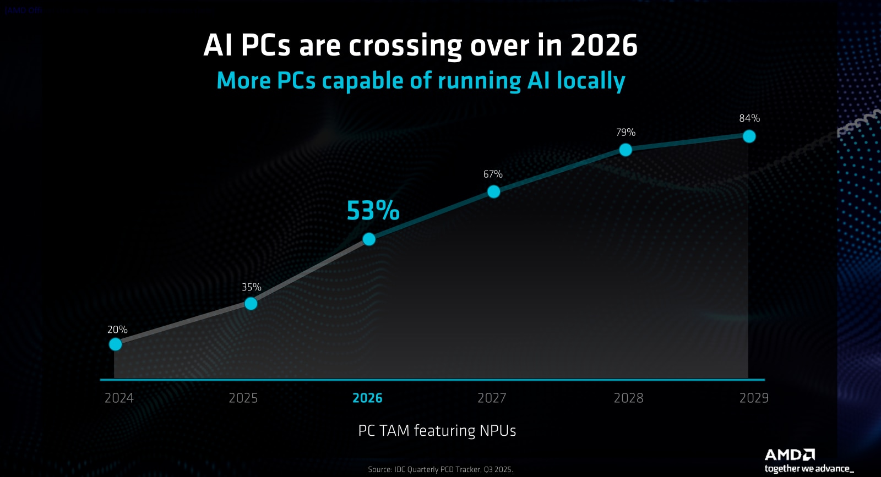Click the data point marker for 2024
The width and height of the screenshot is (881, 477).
click(x=115, y=344)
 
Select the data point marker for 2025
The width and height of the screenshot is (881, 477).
click(x=251, y=304)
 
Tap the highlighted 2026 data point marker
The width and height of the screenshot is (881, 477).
click(x=369, y=239)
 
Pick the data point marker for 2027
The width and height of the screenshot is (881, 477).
click(x=494, y=191)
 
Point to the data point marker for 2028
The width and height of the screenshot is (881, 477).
click(x=626, y=150)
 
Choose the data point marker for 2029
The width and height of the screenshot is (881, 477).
click(x=749, y=136)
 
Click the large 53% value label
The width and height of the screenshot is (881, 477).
click(x=373, y=211)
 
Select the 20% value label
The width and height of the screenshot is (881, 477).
click(x=117, y=330)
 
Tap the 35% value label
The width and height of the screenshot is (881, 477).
click(x=252, y=287)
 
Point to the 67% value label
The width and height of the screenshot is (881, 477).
click(x=493, y=174)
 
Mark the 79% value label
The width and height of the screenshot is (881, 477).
click(x=626, y=133)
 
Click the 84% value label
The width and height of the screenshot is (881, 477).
click(x=749, y=118)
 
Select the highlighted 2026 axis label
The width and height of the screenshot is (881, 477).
click(x=367, y=398)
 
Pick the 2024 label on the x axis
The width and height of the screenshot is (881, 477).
click(x=119, y=398)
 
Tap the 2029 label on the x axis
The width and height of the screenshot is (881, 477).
click(x=754, y=398)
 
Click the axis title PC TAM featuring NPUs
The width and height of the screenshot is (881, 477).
click(x=437, y=430)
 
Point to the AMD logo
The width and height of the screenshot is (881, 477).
click(x=790, y=455)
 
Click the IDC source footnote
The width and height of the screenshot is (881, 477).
click(x=440, y=469)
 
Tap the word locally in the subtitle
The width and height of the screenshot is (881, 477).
click(x=591, y=81)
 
